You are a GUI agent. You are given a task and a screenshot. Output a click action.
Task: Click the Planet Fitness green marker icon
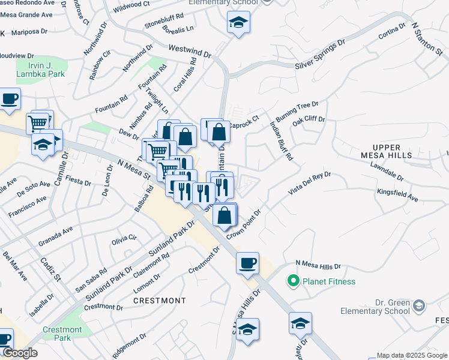click(x=294, y=281)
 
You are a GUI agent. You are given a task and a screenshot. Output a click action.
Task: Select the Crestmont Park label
click(x=62, y=334)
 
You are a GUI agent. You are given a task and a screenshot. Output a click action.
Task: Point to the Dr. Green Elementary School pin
click(x=418, y=306)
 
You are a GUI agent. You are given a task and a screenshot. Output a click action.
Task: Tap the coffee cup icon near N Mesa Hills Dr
click(x=247, y=263)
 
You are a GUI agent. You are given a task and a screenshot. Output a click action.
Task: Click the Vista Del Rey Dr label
click(x=309, y=183)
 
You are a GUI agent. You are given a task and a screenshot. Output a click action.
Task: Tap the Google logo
click(x=20, y=353)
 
